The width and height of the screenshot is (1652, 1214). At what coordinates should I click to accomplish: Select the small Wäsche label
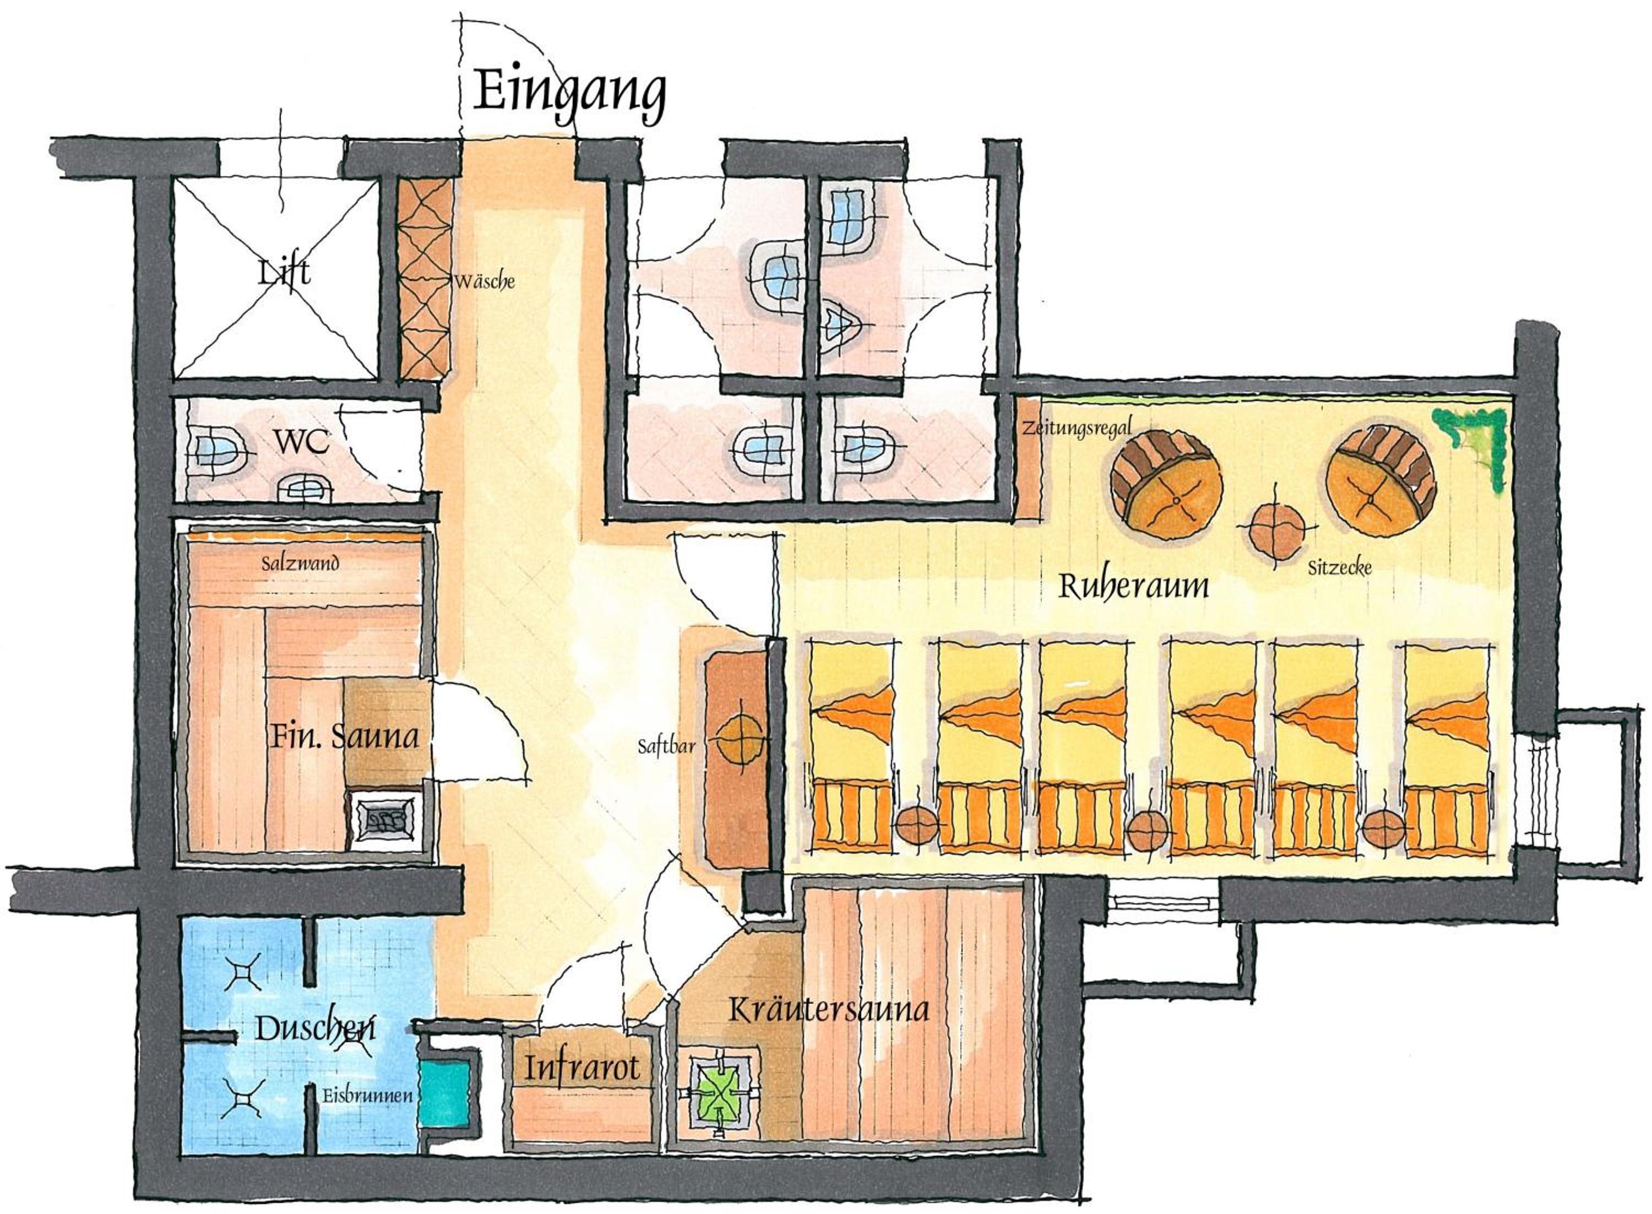point(484,281)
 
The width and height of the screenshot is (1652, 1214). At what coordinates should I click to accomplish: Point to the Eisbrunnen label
point(367,1094)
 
